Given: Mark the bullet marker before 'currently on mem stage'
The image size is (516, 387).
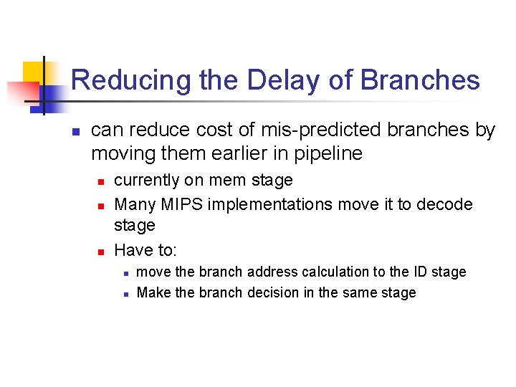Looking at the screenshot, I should click(101, 181).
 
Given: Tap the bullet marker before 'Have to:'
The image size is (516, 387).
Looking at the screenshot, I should click(101, 251).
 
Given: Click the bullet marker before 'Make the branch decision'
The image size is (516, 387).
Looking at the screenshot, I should click(124, 294).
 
